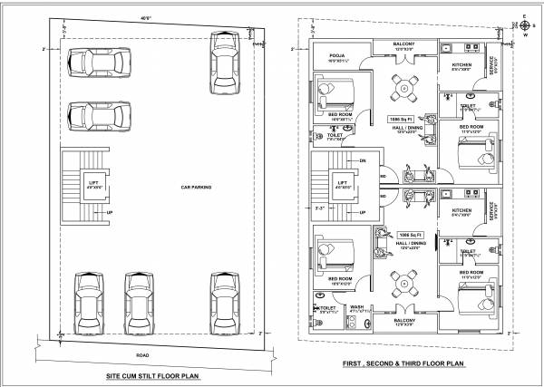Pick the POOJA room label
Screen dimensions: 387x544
[334, 56]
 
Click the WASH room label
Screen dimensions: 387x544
[356, 306]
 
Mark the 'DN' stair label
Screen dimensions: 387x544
[363, 160]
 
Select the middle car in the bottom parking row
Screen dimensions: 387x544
[138, 298]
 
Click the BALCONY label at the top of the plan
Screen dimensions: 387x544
[404, 44]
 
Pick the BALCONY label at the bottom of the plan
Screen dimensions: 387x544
[404, 320]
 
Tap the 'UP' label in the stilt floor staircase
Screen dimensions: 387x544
[110, 213]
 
